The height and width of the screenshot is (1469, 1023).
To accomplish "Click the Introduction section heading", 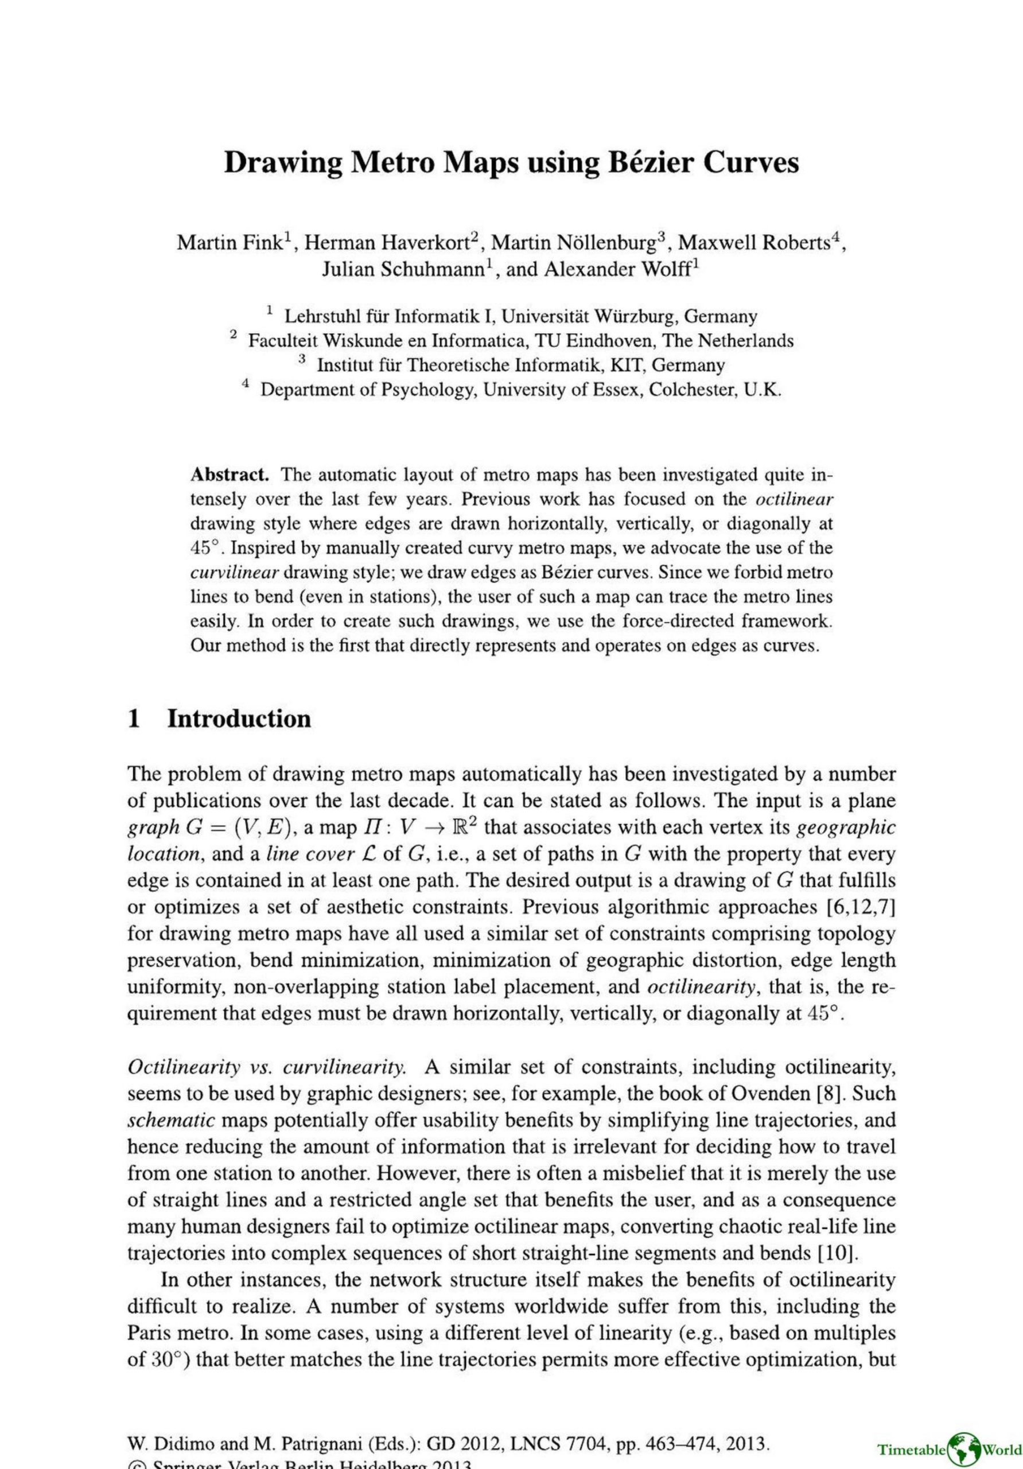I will coord(239,718).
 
